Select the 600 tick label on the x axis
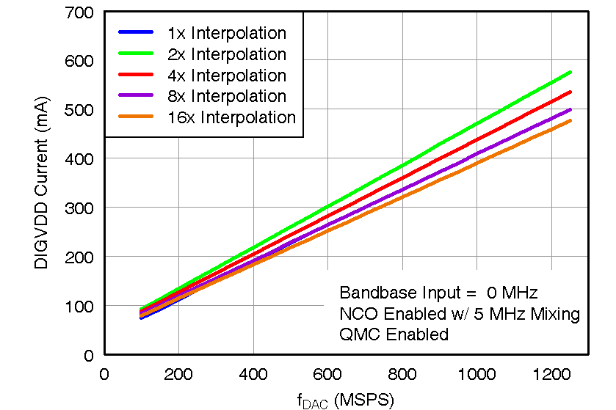coord(327,373)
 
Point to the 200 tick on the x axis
coord(178,373)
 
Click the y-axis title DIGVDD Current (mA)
coord(41,183)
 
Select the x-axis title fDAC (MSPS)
coord(345,400)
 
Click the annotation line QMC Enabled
coord(394,334)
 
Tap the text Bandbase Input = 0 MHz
coord(439,293)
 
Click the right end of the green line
coord(570,72)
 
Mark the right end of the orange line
coord(570,120)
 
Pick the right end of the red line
coord(570,92)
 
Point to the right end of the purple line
coord(570,109)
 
